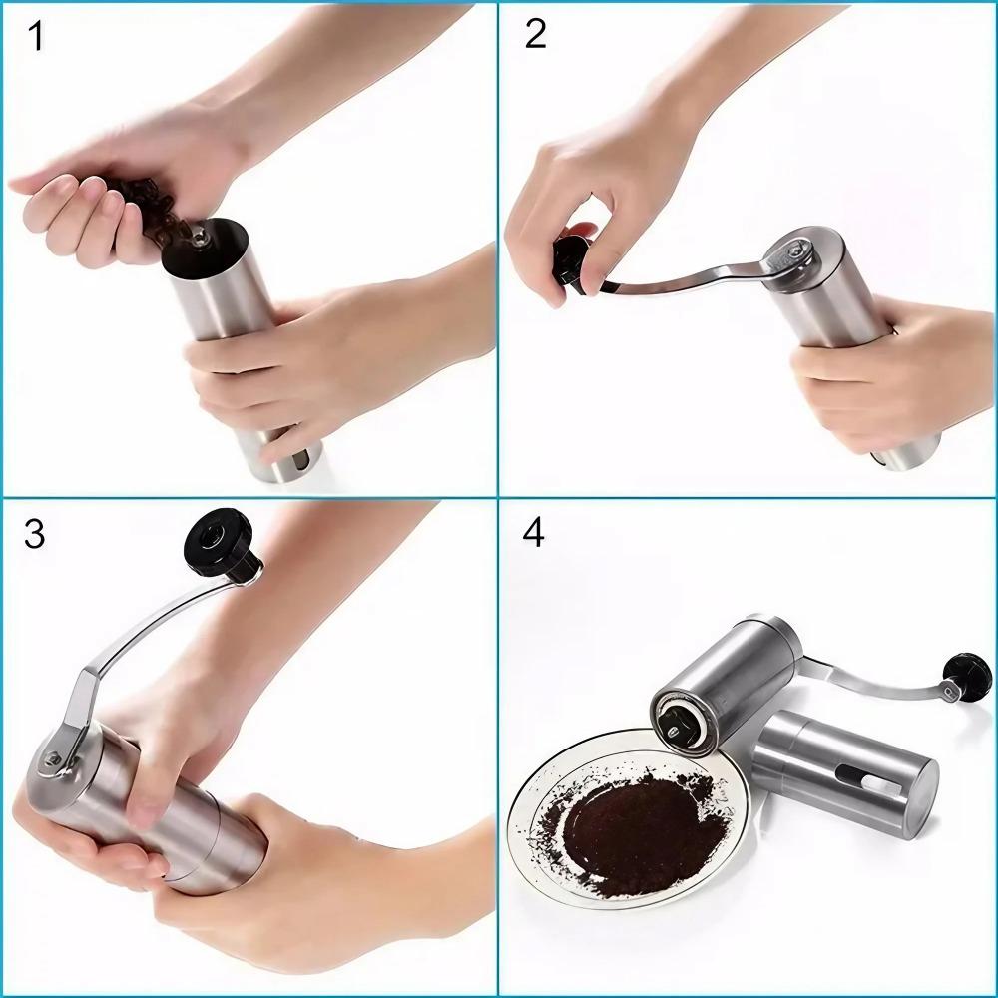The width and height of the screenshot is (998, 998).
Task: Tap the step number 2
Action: (x=535, y=34)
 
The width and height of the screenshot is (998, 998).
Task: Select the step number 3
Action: (x=35, y=534)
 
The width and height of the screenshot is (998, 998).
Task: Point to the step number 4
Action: (x=534, y=533)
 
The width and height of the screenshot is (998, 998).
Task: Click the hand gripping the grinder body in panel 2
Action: (x=878, y=374)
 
